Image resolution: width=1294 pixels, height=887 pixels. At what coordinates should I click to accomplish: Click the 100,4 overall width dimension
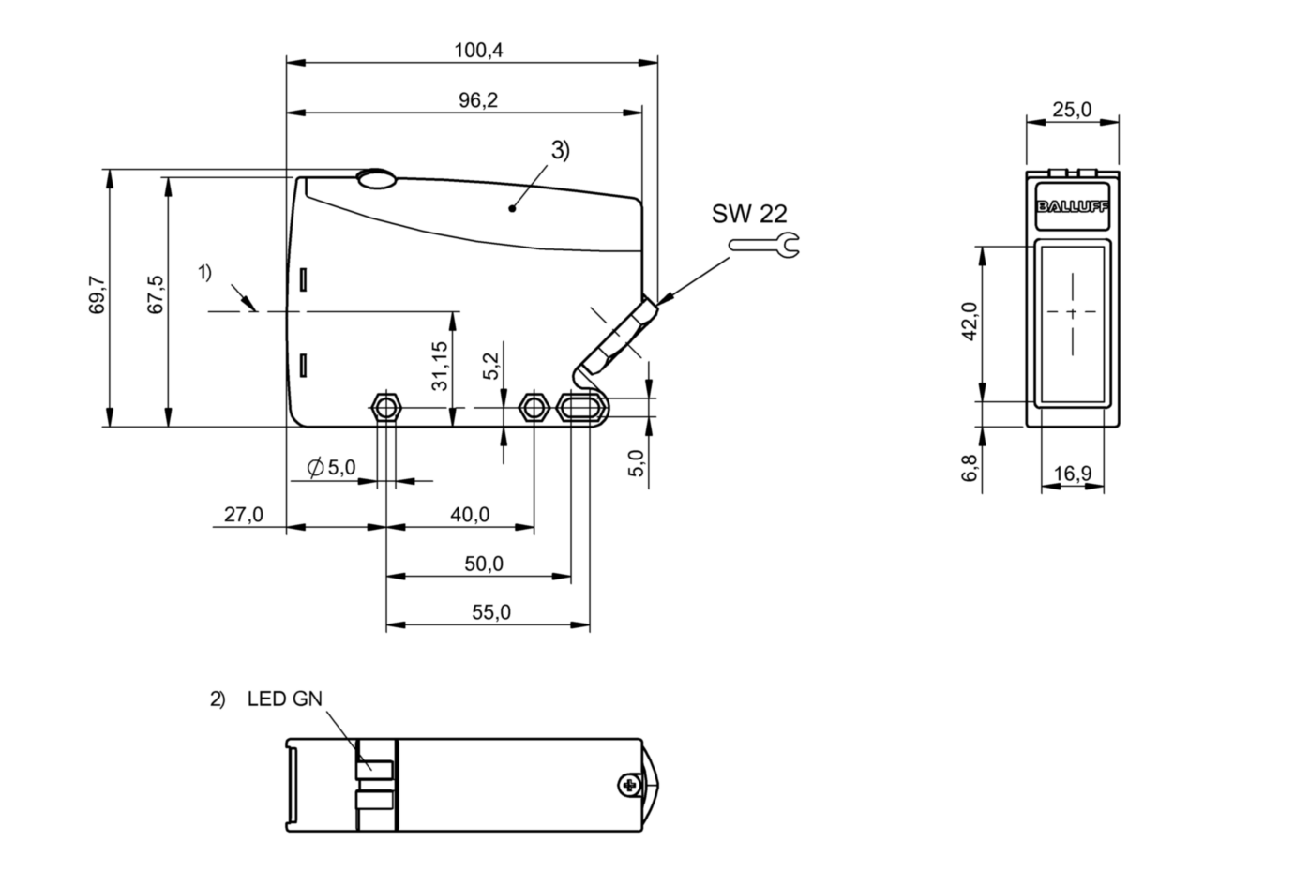click(x=478, y=51)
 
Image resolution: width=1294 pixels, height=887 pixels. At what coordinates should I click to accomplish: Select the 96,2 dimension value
click(x=478, y=100)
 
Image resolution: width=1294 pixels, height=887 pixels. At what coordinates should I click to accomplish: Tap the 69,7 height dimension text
click(x=97, y=296)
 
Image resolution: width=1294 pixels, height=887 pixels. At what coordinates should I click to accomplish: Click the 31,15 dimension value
click(x=439, y=366)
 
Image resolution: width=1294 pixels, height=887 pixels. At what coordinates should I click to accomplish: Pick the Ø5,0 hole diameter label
click(x=332, y=467)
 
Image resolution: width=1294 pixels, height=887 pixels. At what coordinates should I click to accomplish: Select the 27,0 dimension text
click(x=244, y=515)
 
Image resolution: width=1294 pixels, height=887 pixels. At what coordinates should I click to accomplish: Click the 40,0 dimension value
click(x=470, y=515)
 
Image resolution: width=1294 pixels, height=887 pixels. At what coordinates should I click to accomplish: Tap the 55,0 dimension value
click(x=491, y=612)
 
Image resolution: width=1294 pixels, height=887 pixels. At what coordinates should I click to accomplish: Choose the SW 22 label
click(x=749, y=214)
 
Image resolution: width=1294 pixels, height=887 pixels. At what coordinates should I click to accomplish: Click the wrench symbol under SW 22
click(x=764, y=246)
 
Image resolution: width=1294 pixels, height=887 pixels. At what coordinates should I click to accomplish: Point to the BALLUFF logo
click(x=1072, y=207)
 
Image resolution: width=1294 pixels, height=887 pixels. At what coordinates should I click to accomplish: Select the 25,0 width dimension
click(x=1072, y=110)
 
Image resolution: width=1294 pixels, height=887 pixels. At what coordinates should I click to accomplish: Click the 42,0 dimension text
click(x=970, y=321)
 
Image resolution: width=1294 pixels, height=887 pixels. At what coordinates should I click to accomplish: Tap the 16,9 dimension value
click(x=1072, y=474)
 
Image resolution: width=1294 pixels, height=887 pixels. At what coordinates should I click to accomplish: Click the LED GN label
click(x=284, y=699)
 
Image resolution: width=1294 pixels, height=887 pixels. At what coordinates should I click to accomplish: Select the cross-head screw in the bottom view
click(x=628, y=784)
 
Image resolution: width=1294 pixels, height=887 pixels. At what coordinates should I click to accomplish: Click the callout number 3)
click(x=560, y=150)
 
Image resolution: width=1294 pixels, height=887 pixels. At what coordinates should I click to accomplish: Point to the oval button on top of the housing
click(x=376, y=178)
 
